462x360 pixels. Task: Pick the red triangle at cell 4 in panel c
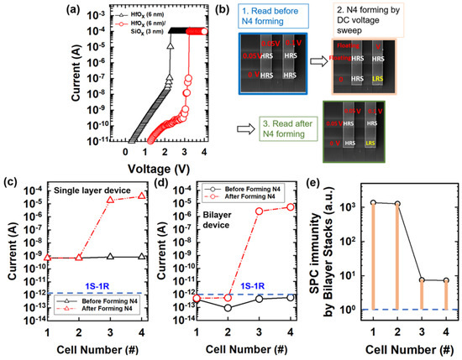click(x=140, y=196)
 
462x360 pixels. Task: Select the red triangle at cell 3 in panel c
click(x=110, y=201)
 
